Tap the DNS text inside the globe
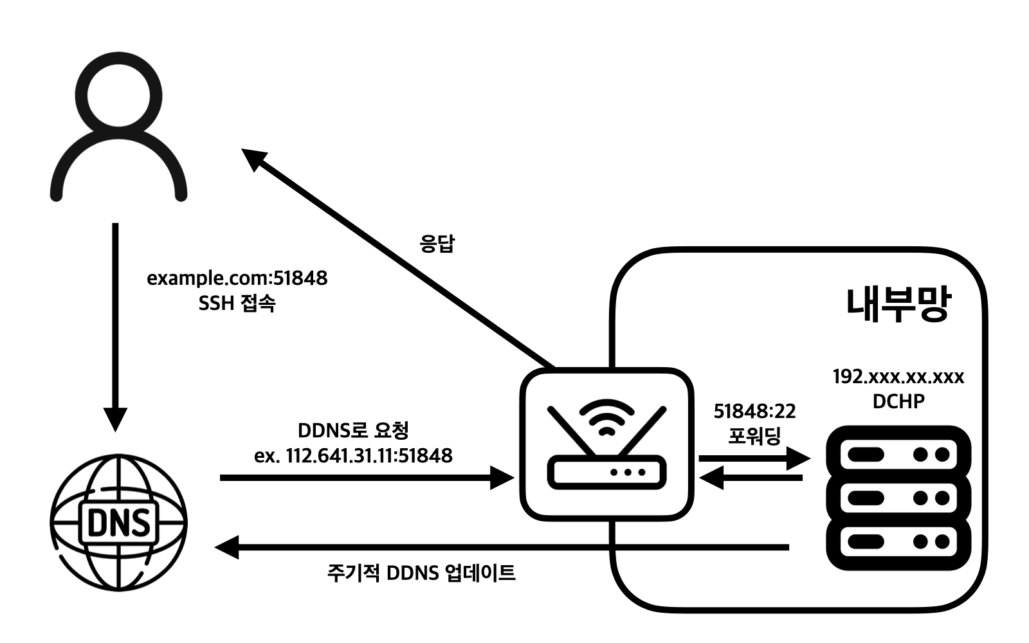[x=118, y=522]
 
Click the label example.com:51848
[x=237, y=278]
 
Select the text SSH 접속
[x=237, y=303]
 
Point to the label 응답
[x=437, y=244]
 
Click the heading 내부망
[x=897, y=304]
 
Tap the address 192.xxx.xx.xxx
[x=898, y=377]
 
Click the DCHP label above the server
[x=898, y=401]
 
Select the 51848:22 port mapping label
[x=754, y=412]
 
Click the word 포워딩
[x=754, y=437]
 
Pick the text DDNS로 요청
[x=353, y=430]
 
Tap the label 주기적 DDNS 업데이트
[x=421, y=572]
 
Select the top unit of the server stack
[x=898, y=455]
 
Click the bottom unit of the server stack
[x=898, y=541]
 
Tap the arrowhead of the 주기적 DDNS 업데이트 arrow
[x=226, y=548]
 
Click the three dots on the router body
[x=628, y=472]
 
